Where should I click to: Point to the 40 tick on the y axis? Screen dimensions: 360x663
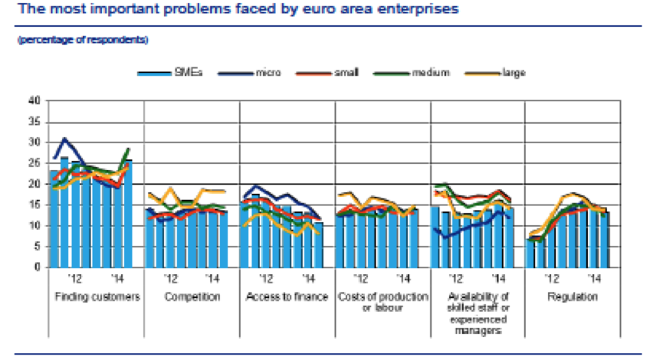click(x=33, y=100)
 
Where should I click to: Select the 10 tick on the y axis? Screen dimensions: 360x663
click(x=33, y=226)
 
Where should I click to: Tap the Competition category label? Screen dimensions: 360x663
click(x=192, y=296)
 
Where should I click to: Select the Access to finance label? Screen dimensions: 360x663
click(x=287, y=296)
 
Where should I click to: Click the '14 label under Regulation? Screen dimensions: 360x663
click(x=593, y=280)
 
